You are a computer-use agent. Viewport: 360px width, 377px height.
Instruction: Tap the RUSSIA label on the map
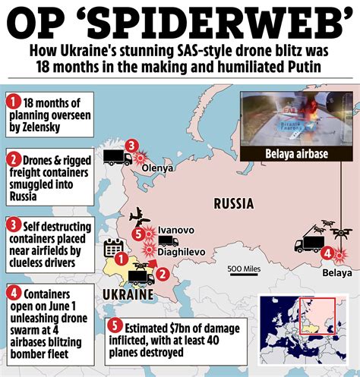[238, 203]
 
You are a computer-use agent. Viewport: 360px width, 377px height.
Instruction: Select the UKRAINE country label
[122, 294]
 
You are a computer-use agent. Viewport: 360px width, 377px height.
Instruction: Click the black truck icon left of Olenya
[115, 159]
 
